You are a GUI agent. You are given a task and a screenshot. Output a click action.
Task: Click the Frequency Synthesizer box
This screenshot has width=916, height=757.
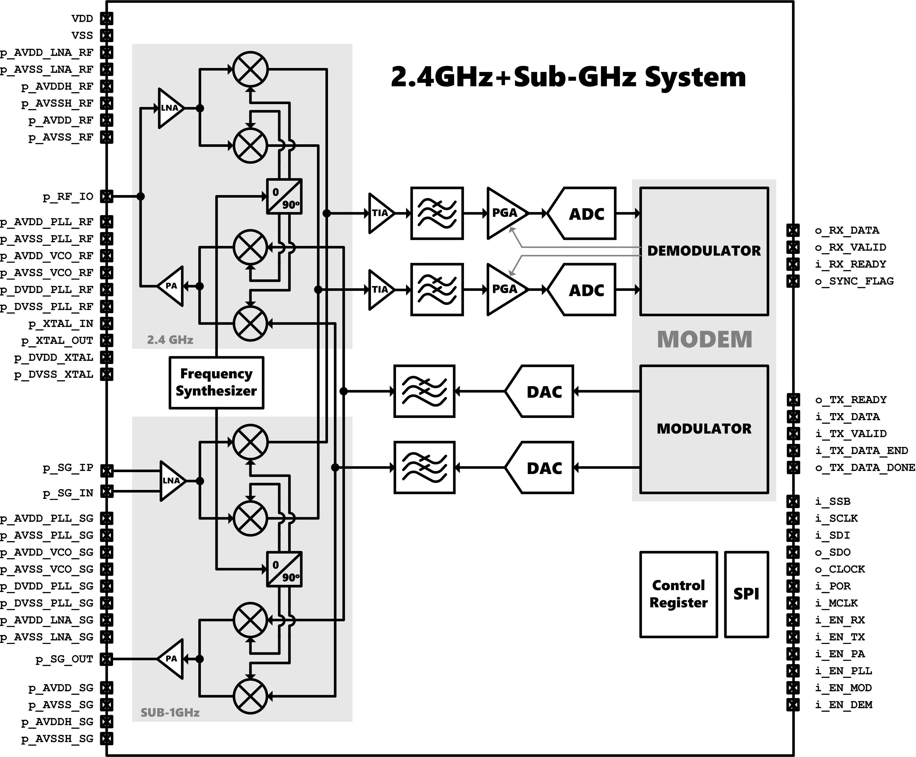pos(216,382)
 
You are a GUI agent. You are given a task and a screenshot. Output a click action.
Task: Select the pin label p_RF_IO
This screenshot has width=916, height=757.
pos(68,197)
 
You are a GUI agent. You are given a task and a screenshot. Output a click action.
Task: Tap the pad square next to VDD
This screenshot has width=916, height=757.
pos(107,18)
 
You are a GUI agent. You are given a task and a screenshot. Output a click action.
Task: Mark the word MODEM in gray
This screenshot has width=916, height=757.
pos(705,339)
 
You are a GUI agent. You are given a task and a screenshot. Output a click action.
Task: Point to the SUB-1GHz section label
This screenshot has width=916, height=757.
pos(170,713)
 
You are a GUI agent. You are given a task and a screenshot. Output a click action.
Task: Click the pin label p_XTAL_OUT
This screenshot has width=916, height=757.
pos(57,340)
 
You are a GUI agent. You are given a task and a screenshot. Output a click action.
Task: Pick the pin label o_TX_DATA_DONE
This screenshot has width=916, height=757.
pos(865,468)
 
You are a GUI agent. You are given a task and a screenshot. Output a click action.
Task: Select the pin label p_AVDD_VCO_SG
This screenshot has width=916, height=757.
pos(47,552)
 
